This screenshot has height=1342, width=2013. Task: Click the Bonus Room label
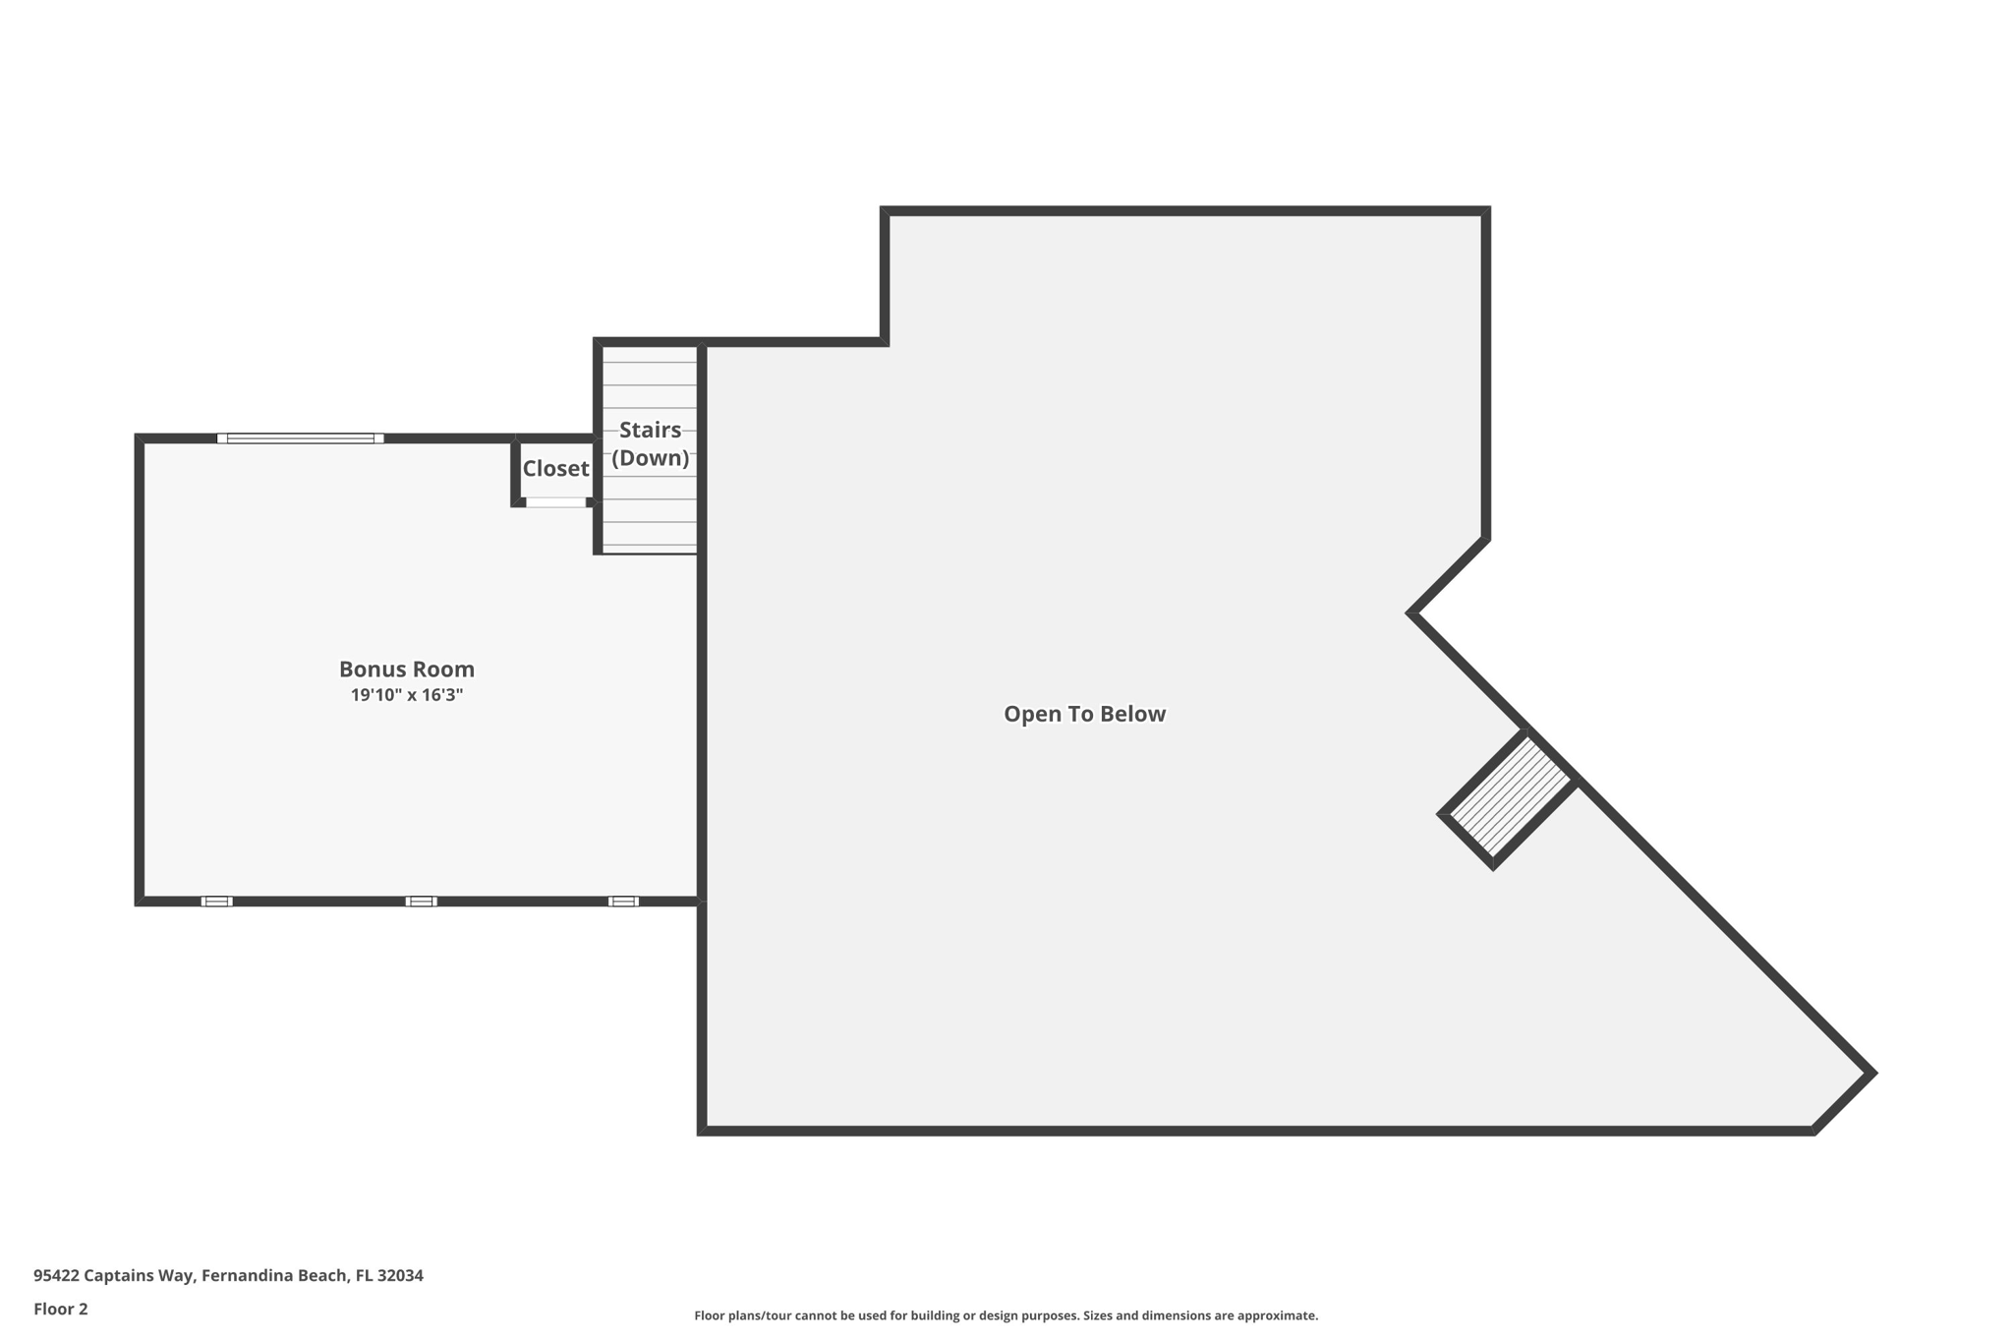pos(406,670)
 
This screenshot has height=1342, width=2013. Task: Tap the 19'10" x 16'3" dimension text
pos(406,696)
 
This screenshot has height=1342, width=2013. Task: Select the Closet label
pos(555,469)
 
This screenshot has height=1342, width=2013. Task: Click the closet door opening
pos(555,502)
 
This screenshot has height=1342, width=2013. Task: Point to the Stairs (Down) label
pos(650,443)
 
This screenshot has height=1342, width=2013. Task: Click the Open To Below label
pos(1084,715)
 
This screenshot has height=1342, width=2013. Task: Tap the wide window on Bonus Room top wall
pos(300,438)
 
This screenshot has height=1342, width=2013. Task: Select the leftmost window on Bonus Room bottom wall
pos(216,902)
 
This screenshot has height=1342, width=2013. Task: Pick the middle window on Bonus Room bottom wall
pos(421,902)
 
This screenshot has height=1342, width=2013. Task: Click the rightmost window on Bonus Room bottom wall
pos(623,902)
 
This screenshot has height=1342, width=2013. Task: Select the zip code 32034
pos(400,1276)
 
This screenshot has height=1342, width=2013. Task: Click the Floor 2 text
pos(61,1310)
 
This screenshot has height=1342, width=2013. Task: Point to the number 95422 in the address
pos(56,1276)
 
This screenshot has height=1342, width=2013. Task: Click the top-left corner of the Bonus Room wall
pos(140,438)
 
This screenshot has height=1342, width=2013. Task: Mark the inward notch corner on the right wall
pos(1412,613)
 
